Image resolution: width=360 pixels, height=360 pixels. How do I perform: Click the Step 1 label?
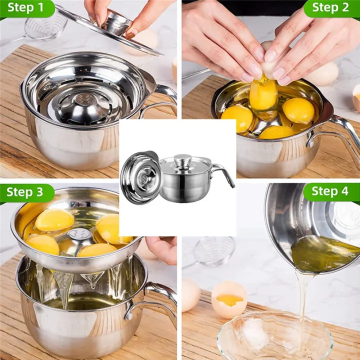click(25, 8)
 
